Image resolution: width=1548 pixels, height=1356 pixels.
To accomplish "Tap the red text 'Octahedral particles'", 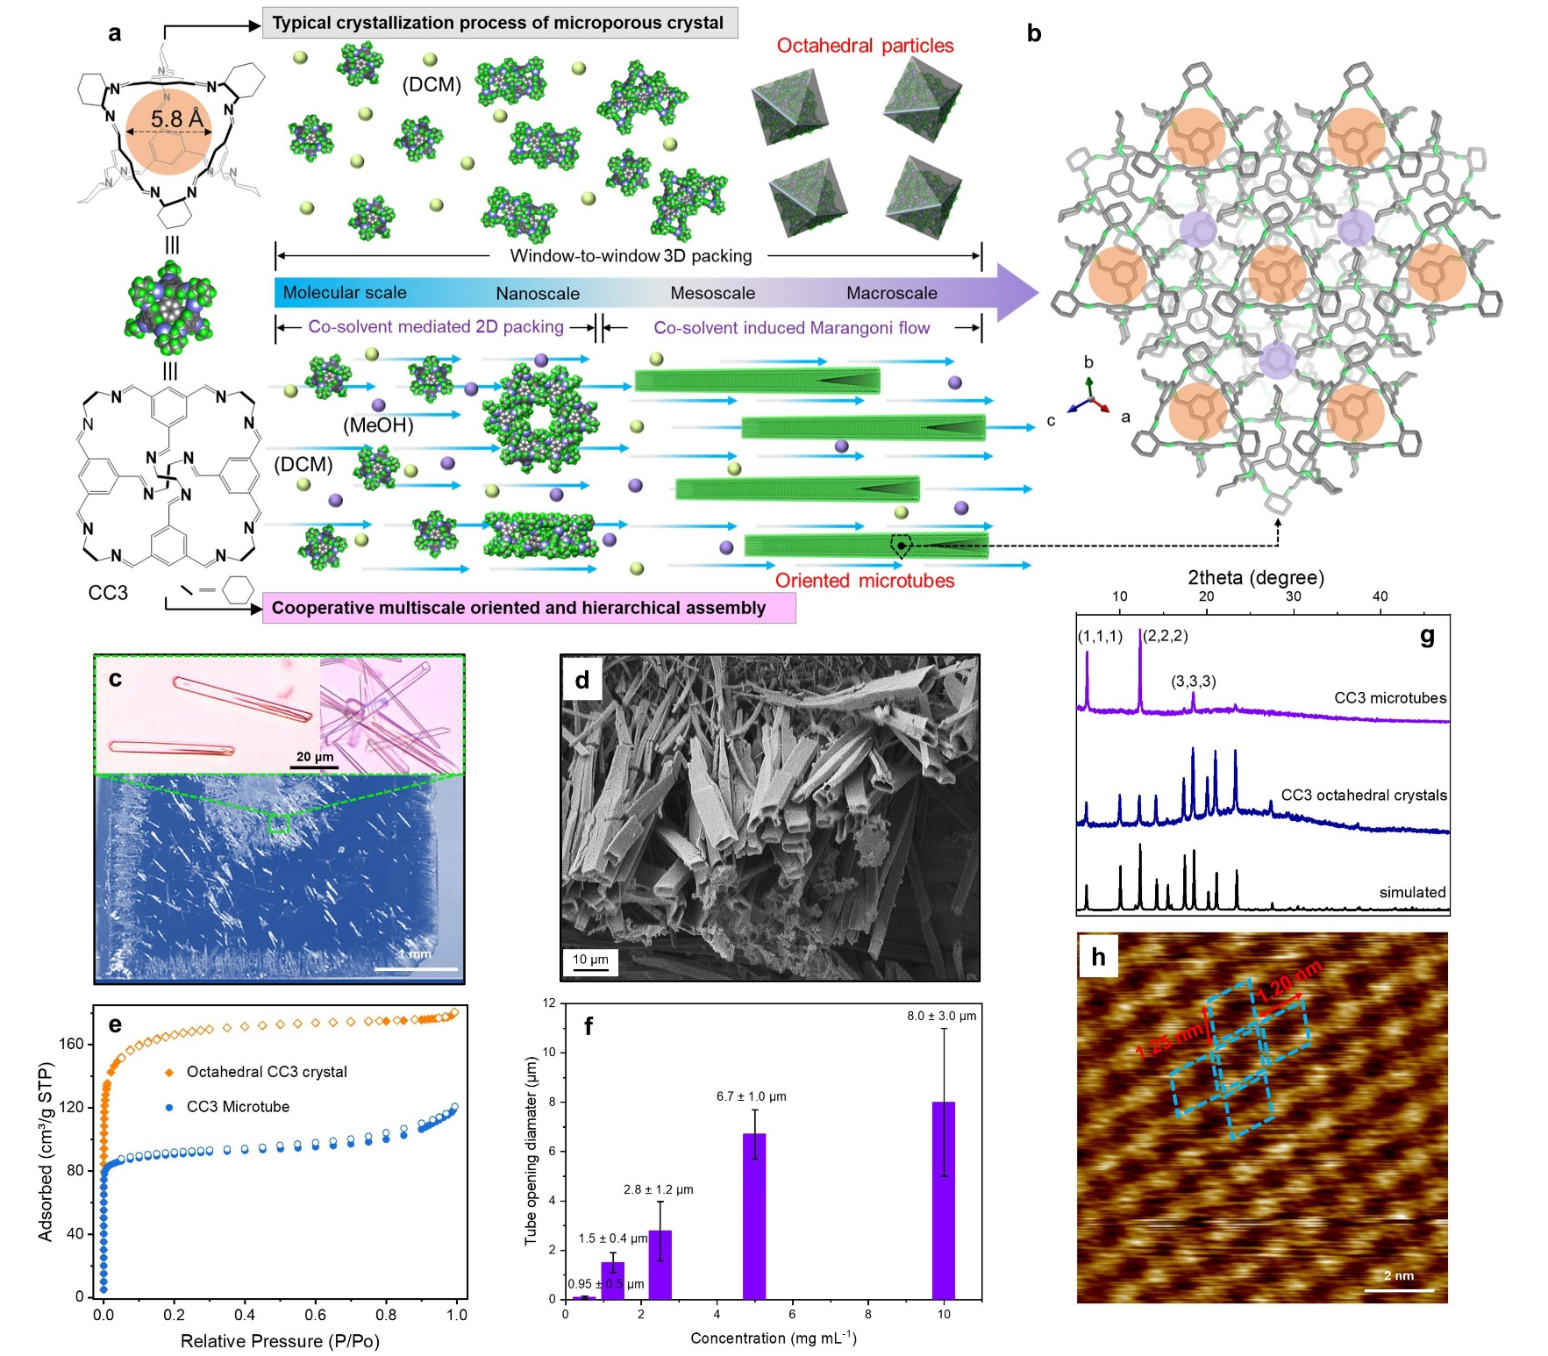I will (865, 46).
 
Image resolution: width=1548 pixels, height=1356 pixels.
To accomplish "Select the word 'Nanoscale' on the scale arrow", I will (538, 294).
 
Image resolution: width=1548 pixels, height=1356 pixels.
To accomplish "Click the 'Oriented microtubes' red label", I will (865, 581).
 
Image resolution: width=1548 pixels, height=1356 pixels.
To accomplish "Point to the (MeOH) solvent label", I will (378, 425).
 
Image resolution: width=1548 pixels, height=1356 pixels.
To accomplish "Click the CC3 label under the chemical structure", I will (108, 593).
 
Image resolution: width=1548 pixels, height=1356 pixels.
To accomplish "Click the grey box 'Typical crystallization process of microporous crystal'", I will (499, 23).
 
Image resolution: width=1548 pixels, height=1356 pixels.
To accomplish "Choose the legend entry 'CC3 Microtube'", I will (238, 1107).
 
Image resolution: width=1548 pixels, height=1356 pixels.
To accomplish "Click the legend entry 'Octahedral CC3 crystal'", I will (267, 1072).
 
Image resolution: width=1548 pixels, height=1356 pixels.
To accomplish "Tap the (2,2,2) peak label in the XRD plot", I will (1165, 636).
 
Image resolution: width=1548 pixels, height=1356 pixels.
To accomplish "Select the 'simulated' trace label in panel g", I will (1412, 892).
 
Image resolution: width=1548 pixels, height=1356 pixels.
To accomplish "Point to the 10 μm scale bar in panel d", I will (590, 962).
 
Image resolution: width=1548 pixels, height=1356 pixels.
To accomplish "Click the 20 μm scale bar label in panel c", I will (314, 757).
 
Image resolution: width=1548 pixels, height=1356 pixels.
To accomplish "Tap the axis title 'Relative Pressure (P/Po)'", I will (280, 1341).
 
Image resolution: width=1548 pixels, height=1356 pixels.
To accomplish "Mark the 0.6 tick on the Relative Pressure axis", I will (316, 1315).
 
